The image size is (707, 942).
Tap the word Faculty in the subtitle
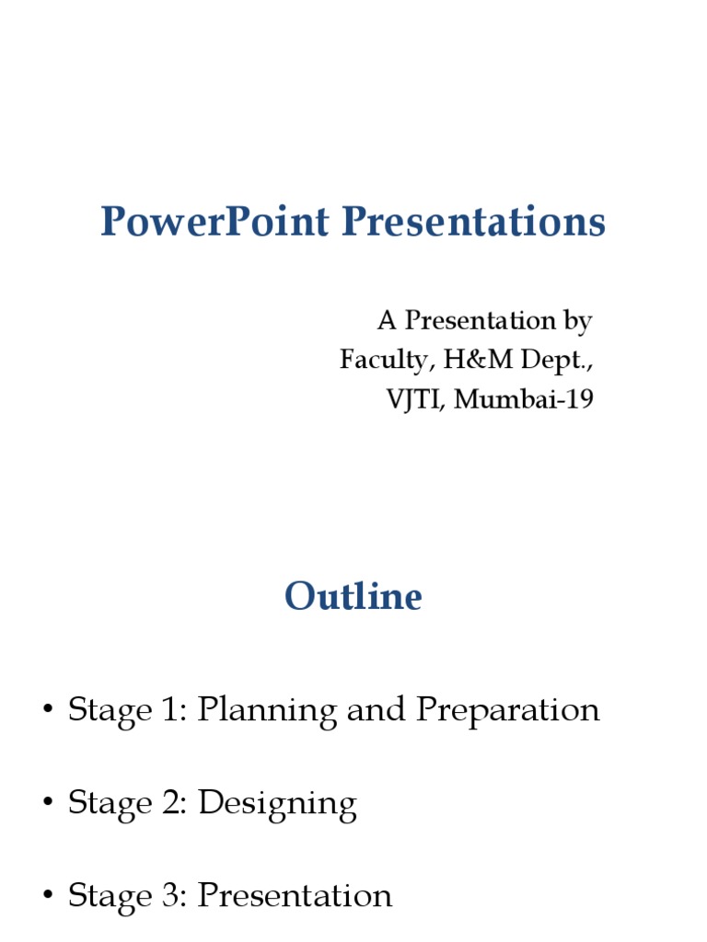tap(386, 361)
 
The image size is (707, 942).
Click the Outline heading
tap(353, 596)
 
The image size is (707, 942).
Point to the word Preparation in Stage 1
tap(507, 711)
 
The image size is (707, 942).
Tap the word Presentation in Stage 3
tap(296, 896)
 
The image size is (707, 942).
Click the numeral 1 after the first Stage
tap(173, 710)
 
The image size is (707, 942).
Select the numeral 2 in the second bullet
tap(174, 804)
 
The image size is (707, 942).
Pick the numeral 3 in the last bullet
tap(174, 896)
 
